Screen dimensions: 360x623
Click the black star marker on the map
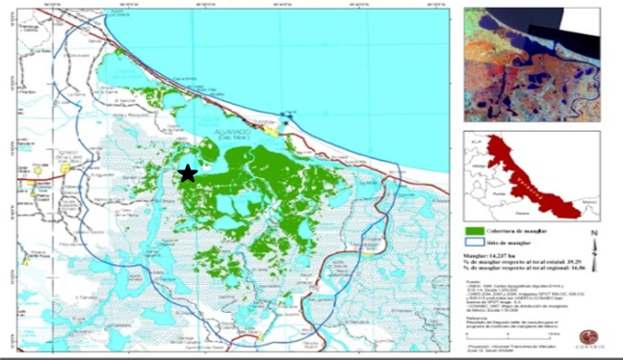coord(188,173)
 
